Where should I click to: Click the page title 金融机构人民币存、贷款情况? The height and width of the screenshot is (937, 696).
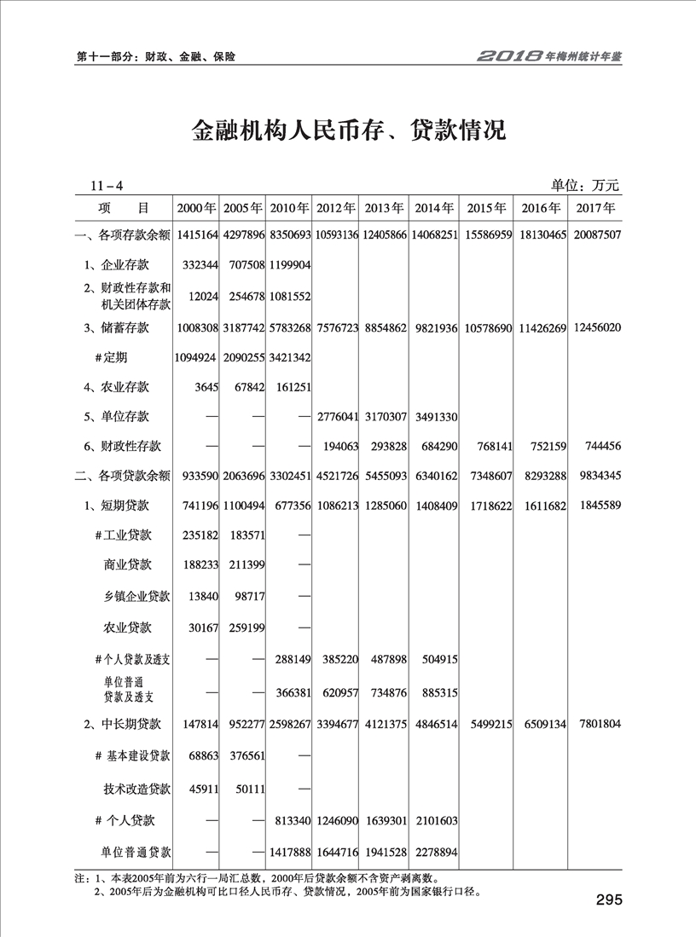[x=348, y=132]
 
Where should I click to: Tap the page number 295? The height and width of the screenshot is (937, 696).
[x=610, y=900]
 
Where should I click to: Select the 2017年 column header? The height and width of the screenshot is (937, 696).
[x=595, y=208]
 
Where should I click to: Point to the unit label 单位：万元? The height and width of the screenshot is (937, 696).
[x=585, y=185]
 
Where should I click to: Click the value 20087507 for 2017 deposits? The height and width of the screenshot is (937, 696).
[x=595, y=234]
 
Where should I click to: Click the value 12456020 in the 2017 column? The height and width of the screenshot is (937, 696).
[x=595, y=327]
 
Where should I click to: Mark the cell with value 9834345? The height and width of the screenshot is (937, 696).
[x=595, y=474]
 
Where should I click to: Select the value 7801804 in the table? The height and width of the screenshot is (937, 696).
[x=595, y=724]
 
